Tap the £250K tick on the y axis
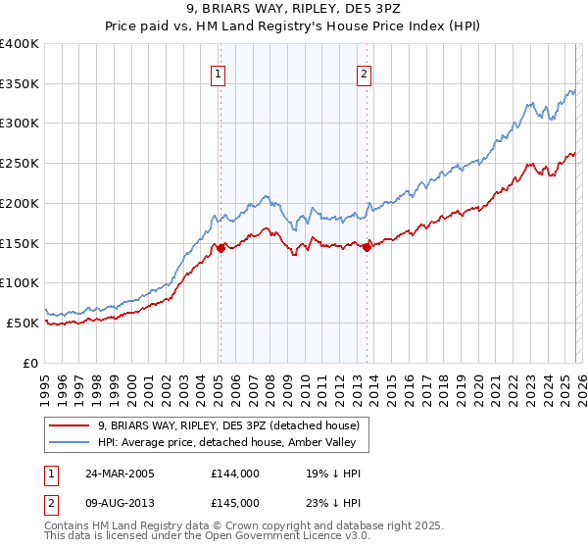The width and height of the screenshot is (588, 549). click(x=20, y=164)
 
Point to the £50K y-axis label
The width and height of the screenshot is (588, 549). click(x=23, y=323)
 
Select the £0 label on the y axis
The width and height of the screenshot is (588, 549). click(x=30, y=363)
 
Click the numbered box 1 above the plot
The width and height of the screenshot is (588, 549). click(x=217, y=73)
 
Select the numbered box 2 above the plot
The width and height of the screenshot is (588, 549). click(x=364, y=73)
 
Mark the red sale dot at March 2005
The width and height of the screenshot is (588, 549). click(x=220, y=248)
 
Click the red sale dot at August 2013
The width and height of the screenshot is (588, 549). click(x=367, y=247)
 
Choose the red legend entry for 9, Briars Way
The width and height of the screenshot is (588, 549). click(x=229, y=425)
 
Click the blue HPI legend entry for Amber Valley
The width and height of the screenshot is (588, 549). click(x=232, y=442)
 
